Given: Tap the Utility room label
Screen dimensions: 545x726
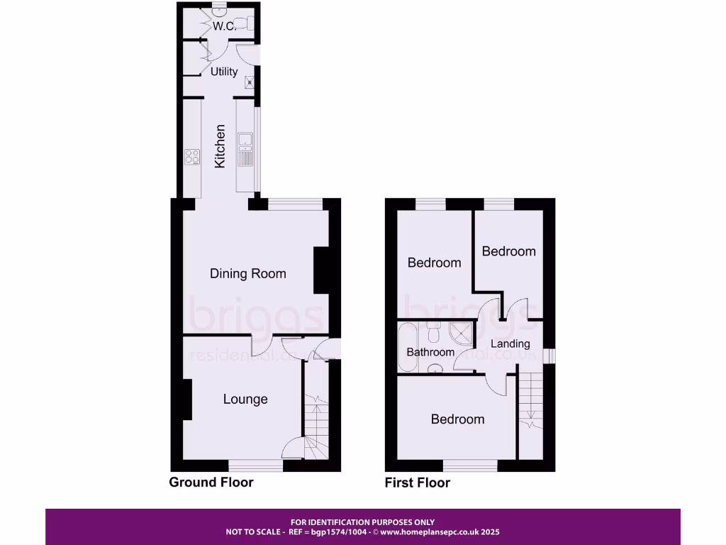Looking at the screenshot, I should click(224, 72).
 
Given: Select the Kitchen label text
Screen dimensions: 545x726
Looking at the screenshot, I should click(220, 146).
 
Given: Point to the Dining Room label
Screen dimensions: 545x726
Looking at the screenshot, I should click(248, 273).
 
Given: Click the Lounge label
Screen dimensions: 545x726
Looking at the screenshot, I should click(245, 399).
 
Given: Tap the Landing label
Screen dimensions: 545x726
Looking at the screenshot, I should click(510, 343).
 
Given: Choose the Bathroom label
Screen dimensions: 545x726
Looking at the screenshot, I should click(430, 352).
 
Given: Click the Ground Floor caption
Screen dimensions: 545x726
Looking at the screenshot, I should click(211, 483).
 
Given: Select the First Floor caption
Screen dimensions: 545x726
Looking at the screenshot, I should click(417, 483).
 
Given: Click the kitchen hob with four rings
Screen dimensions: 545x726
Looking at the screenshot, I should click(192, 155).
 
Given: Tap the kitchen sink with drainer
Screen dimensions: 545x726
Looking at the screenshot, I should click(245, 149).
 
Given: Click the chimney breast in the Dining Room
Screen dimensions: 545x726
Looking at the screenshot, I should click(321, 270).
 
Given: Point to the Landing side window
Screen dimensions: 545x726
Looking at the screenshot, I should click(550, 355).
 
